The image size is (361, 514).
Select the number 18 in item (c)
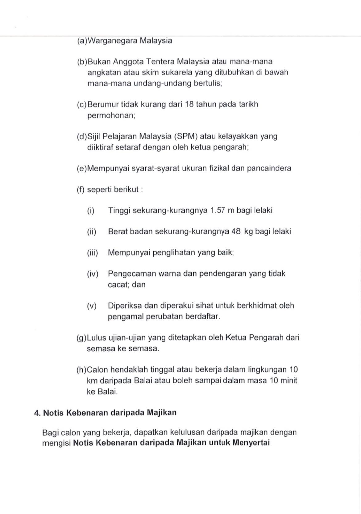(x=189, y=104)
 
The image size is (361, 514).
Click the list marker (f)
(x=81, y=190)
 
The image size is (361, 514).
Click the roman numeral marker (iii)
(x=92, y=253)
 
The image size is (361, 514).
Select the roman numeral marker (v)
(x=92, y=306)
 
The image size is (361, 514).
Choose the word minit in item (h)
(x=289, y=380)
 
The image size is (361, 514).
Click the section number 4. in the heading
(x=37, y=413)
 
